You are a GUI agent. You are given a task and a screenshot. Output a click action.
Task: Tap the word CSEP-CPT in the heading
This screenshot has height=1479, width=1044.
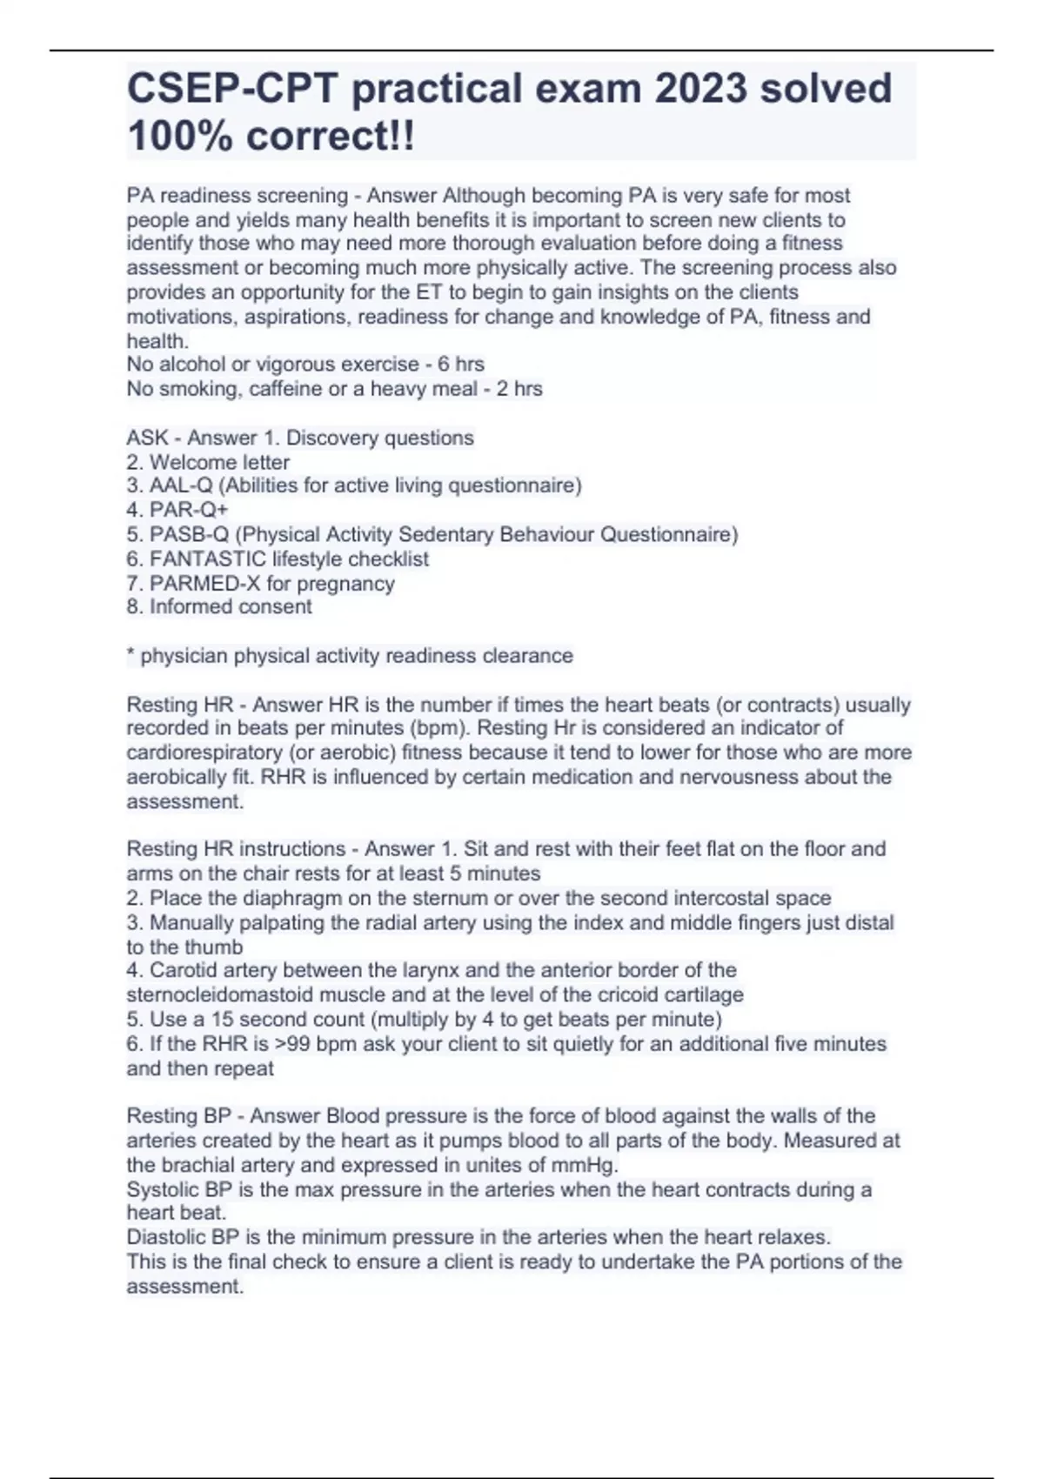[x=232, y=89]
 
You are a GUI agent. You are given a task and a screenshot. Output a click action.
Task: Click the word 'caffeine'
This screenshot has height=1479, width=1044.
[x=285, y=389]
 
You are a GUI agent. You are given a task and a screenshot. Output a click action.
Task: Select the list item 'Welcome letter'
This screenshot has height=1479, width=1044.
[x=219, y=462]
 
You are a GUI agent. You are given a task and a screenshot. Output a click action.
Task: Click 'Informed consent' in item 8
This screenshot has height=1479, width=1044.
[x=231, y=606]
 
